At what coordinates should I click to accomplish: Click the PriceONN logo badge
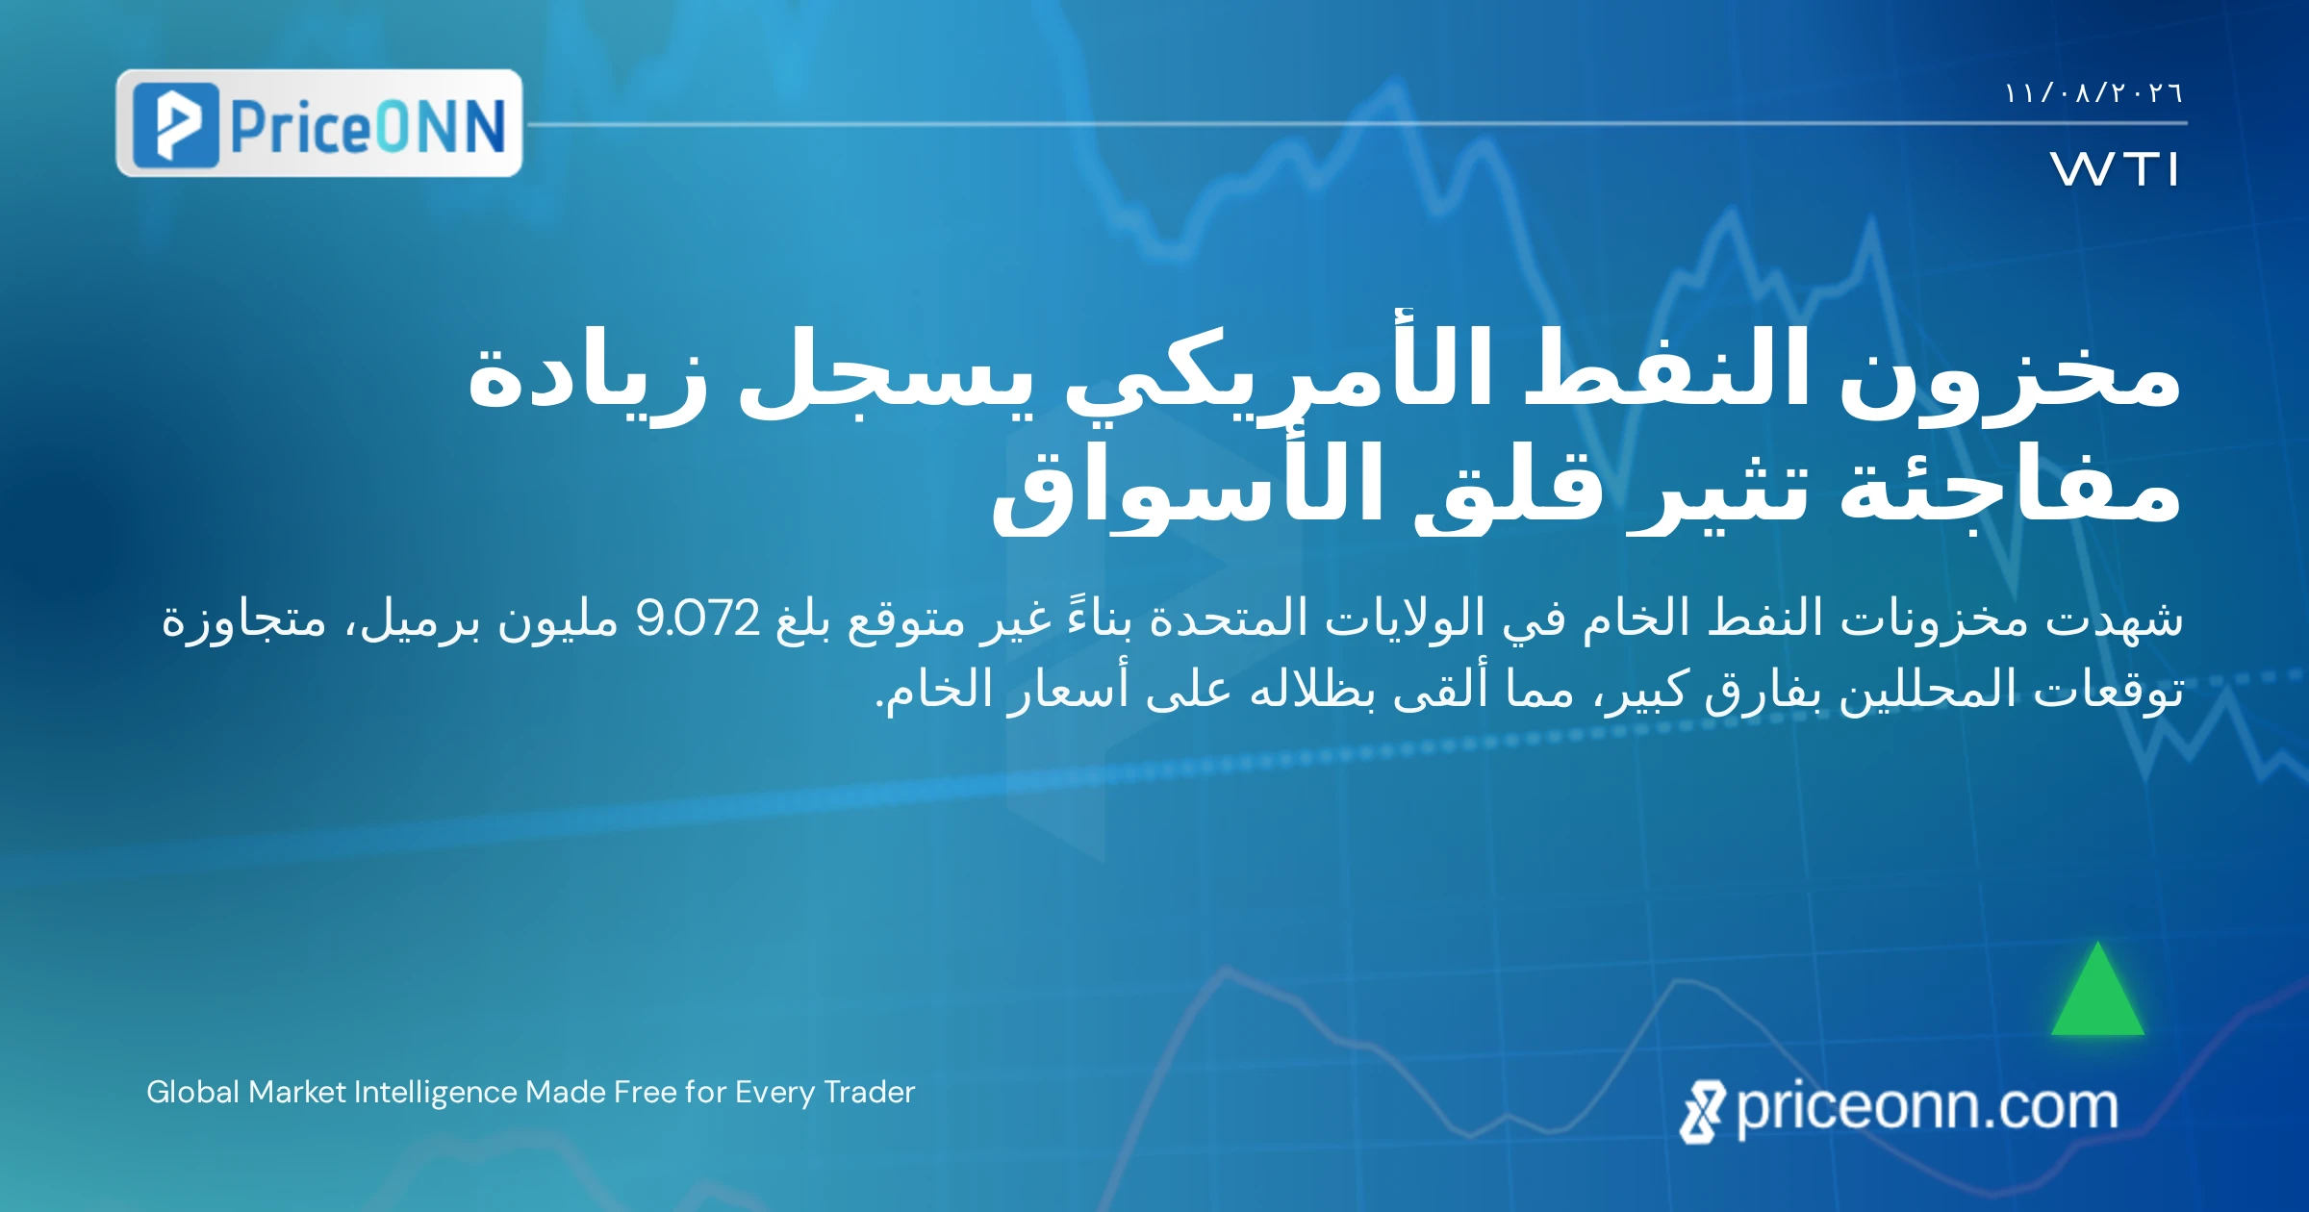(318, 123)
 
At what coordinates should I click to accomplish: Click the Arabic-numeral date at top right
(2093, 93)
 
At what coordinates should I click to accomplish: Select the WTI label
(2114, 169)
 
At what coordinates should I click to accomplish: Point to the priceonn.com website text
(1927, 1108)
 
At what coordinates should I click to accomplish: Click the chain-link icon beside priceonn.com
(1702, 1112)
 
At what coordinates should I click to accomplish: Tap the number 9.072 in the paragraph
(698, 619)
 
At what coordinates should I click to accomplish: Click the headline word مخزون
(2010, 376)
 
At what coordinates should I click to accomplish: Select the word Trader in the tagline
(870, 1092)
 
